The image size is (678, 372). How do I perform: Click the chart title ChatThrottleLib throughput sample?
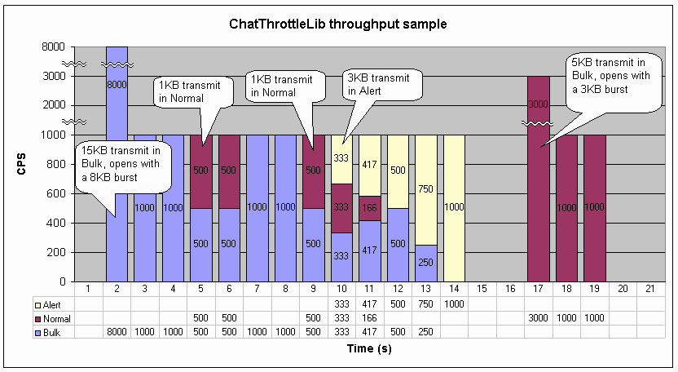338,24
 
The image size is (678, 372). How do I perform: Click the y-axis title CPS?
22,165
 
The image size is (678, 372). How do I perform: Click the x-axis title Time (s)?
338,349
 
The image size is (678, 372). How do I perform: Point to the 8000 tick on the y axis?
54,47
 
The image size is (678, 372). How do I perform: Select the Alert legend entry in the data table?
53,303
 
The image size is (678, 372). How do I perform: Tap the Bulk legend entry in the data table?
51,331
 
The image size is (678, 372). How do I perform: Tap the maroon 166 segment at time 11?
369,208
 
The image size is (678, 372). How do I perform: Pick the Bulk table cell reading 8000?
117,331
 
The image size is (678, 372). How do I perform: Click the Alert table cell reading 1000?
453,303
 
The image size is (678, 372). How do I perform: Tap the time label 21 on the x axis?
649,289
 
